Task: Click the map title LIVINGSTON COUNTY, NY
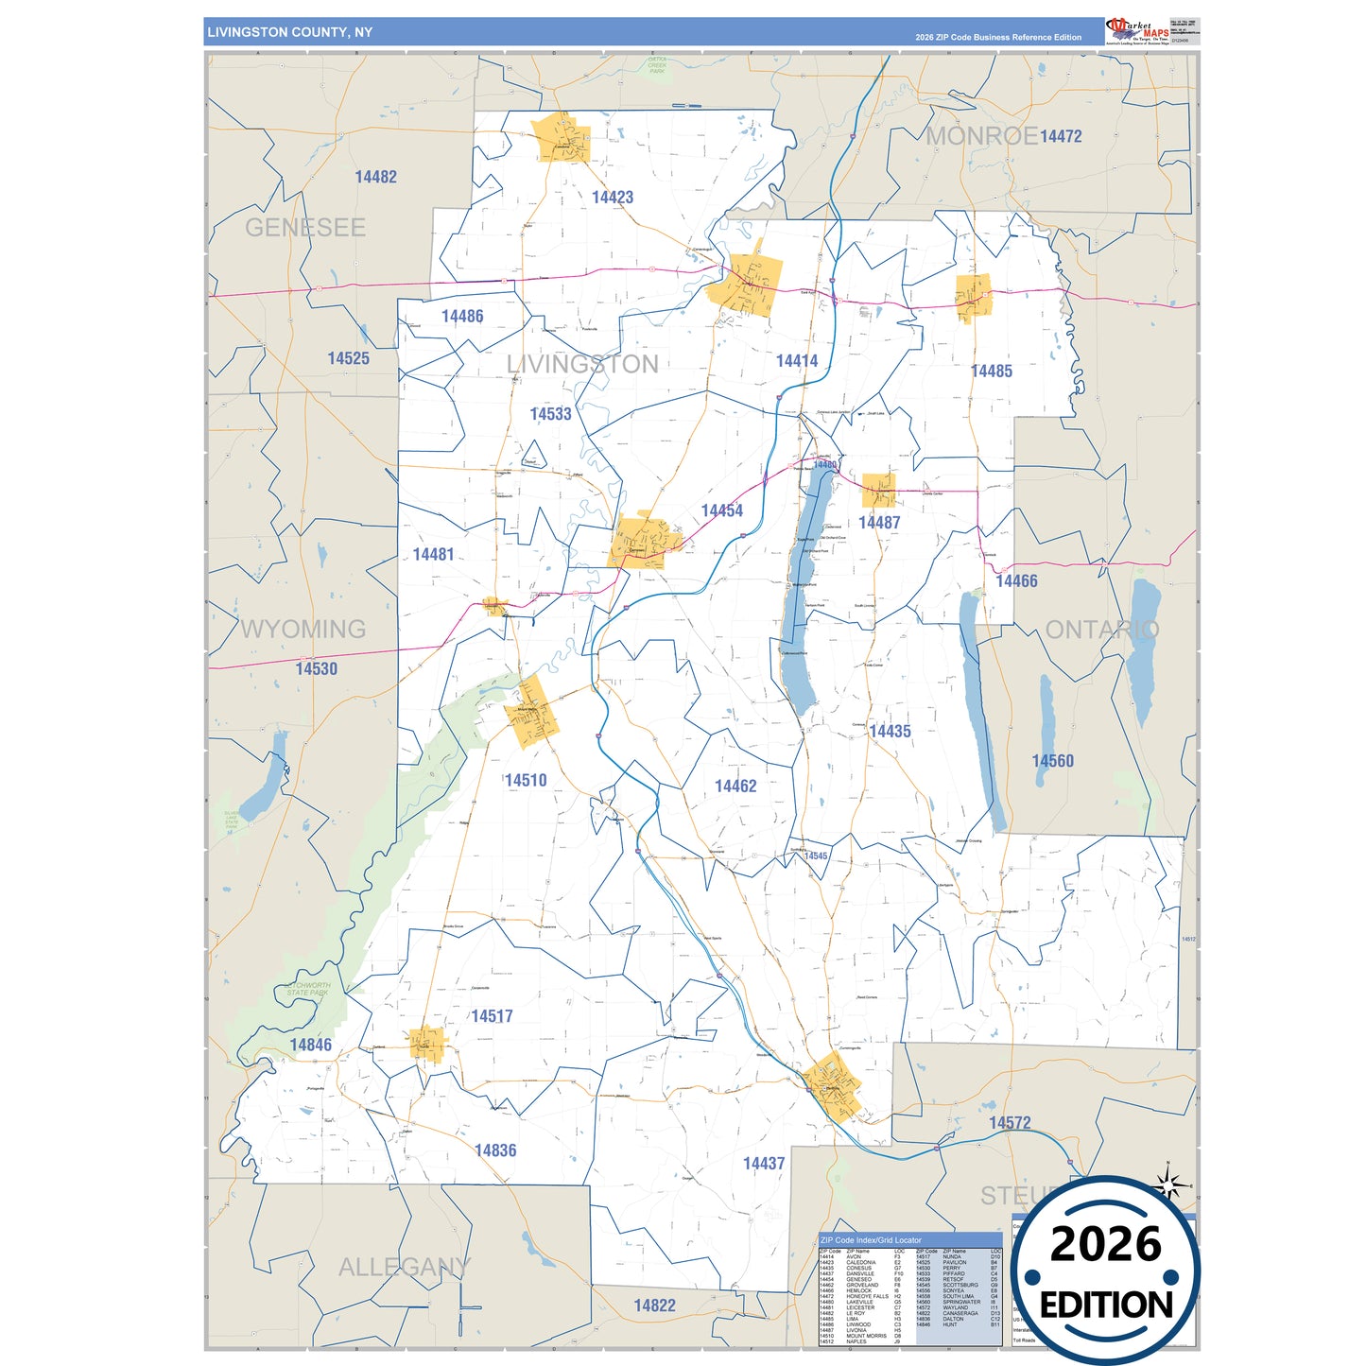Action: [x=289, y=32]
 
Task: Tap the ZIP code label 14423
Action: [x=613, y=198]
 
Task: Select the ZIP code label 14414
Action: [x=797, y=361]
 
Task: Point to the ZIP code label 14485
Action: [x=992, y=372]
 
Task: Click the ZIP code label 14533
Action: [x=550, y=414]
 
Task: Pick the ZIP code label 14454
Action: [x=721, y=510]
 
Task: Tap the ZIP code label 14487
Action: [x=879, y=523]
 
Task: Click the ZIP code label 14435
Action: [x=890, y=732]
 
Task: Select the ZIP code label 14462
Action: [x=735, y=787]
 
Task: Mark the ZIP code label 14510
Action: [x=526, y=781]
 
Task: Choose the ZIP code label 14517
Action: [x=492, y=1016]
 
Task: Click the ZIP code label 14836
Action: [x=495, y=1150]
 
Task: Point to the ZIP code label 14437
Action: [x=764, y=1164]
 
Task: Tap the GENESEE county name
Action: [x=304, y=228]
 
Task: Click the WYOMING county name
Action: [x=303, y=630]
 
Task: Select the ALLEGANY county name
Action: [x=404, y=1268]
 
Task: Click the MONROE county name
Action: [x=981, y=136]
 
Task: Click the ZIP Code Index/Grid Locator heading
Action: [x=871, y=1240]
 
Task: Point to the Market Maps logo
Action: [x=1137, y=31]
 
